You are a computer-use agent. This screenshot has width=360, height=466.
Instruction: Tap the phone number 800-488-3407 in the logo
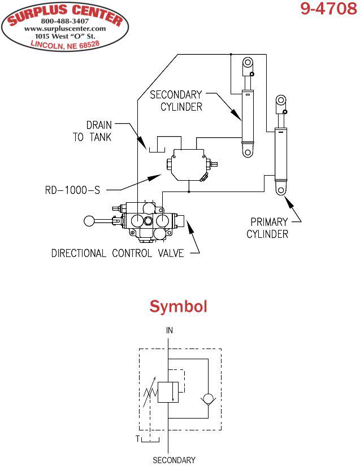tap(65, 21)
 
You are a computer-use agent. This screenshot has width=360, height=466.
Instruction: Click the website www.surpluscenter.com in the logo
tap(65, 28)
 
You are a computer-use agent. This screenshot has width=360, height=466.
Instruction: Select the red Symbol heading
tap(178, 306)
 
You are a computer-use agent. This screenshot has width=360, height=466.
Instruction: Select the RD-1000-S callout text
tap(72, 190)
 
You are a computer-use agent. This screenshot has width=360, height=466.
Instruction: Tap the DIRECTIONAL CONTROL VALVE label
tap(118, 253)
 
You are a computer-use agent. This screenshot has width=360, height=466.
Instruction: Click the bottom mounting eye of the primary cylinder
tap(281, 189)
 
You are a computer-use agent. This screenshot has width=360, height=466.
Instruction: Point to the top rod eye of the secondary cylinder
tap(247, 63)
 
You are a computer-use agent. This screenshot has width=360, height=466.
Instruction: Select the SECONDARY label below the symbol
tap(174, 460)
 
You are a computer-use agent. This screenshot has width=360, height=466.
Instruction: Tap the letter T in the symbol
tap(138, 438)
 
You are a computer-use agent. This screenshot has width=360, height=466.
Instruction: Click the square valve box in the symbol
tap(168, 392)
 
